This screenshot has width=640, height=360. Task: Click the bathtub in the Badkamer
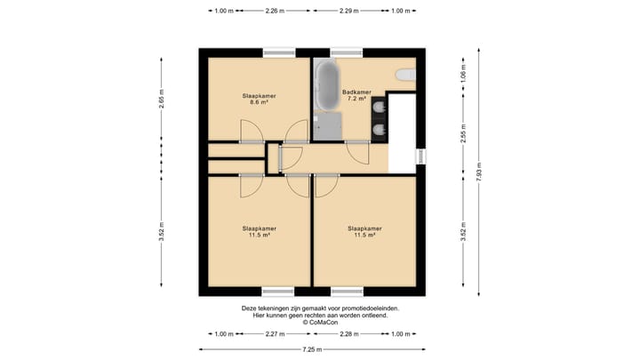click(327, 85)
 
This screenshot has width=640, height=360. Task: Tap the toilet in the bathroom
click(405, 75)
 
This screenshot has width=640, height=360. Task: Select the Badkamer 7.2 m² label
click(356, 95)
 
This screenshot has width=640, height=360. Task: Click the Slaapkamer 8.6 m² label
click(260, 99)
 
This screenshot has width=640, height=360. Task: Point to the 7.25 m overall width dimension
click(312, 349)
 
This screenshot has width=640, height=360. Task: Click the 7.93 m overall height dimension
click(479, 172)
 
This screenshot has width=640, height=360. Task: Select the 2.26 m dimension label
click(275, 11)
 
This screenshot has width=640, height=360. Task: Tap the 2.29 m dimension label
click(349, 11)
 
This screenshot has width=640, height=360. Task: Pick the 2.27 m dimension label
click(275, 334)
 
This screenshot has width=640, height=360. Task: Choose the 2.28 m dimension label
click(349, 334)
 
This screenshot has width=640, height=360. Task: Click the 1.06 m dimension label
click(463, 74)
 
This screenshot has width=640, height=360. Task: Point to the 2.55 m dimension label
click(463, 133)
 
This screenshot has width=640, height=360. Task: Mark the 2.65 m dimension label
click(161, 99)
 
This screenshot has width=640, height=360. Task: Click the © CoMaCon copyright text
click(320, 323)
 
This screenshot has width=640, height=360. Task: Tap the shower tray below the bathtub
click(327, 126)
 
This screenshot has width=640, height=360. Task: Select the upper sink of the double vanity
click(380, 108)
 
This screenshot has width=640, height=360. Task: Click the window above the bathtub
click(347, 52)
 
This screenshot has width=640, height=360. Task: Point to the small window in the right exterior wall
click(420, 156)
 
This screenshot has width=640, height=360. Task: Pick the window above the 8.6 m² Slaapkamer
click(279, 52)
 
